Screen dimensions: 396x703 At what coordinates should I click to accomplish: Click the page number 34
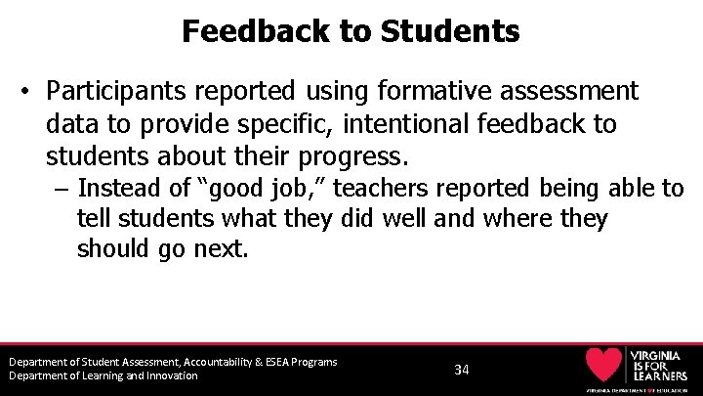[462, 370]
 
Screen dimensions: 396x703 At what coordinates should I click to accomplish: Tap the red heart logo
[602, 364]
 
